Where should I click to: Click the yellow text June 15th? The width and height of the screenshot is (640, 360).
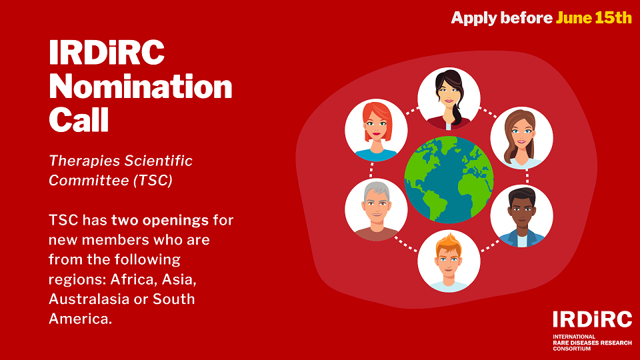pyautogui.click(x=593, y=18)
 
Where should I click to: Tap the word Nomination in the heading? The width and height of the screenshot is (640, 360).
pyautogui.click(x=141, y=88)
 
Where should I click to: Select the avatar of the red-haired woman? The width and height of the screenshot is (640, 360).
pyautogui.click(x=376, y=130)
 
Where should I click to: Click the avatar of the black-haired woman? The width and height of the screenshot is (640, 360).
pyautogui.click(x=449, y=99)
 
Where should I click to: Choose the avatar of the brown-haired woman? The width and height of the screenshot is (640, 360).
pyautogui.click(x=521, y=138)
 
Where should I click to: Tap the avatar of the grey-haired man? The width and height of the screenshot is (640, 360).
pyautogui.click(x=376, y=210)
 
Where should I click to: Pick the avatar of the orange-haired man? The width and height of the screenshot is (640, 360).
pyautogui.click(x=449, y=261)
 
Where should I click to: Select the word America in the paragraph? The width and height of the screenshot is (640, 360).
pyautogui.click(x=78, y=319)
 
